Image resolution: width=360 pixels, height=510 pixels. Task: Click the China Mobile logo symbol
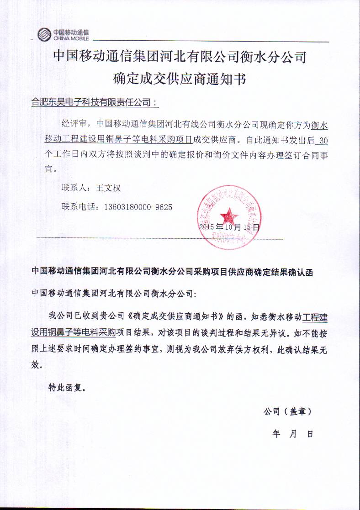click(44, 34)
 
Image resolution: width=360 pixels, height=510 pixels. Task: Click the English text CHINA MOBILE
click(71, 39)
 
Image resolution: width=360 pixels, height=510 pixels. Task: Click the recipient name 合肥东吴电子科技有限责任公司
click(93, 103)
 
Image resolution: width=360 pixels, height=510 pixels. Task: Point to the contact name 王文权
click(108, 188)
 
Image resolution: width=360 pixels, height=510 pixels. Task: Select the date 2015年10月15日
click(229, 226)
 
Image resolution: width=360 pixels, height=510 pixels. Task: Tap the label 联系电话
click(79, 207)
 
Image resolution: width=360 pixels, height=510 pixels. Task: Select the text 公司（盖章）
click(287, 411)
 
